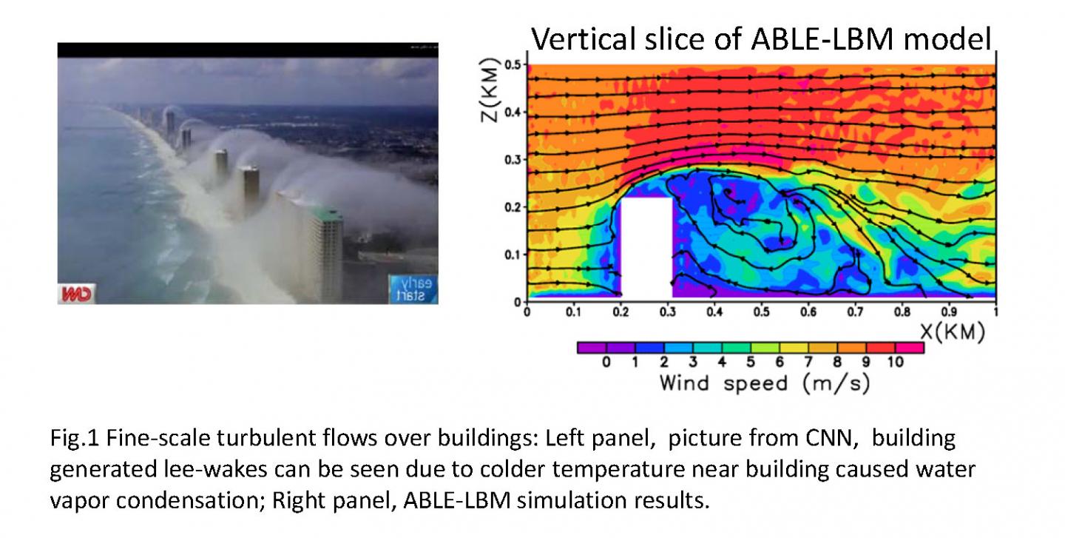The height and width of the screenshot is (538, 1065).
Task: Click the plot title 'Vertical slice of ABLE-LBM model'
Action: tap(761, 39)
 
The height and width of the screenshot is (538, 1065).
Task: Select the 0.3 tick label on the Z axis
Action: tap(513, 159)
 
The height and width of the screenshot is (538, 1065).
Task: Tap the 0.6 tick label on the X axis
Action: tap(808, 312)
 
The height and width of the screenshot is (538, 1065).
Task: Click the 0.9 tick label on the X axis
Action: tap(948, 312)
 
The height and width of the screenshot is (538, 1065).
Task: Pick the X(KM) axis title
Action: tap(953, 331)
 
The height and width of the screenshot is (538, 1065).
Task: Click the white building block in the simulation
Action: tap(646, 247)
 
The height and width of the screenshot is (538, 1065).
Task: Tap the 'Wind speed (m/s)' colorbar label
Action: tap(765, 383)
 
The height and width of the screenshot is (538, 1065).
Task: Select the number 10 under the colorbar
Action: tap(895, 362)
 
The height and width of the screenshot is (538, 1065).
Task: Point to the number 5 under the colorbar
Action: tap(750, 362)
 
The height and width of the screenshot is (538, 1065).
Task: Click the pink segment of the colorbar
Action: tap(910, 348)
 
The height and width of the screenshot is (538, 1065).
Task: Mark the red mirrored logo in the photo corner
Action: tap(76, 294)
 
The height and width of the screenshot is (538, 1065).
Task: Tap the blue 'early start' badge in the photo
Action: tap(413, 289)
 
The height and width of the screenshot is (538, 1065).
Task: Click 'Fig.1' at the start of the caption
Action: tap(75, 438)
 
